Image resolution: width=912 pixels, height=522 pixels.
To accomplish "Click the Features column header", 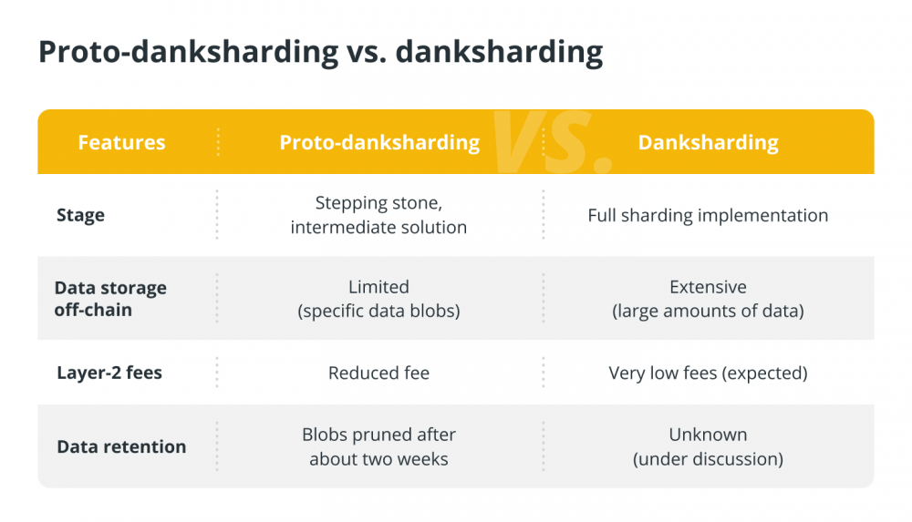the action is (x=121, y=142).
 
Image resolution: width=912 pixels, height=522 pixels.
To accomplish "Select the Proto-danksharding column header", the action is (x=379, y=143).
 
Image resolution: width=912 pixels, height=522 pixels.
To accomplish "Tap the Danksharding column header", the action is (x=708, y=143).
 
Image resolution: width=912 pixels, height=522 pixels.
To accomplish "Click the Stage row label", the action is (x=80, y=216).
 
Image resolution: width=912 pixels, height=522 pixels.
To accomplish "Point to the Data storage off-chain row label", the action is (x=110, y=299).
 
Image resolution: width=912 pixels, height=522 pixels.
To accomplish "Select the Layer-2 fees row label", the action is (x=109, y=373).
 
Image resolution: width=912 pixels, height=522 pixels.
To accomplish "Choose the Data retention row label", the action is (x=121, y=446).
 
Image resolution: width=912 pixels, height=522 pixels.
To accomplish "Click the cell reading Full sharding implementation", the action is (x=708, y=216).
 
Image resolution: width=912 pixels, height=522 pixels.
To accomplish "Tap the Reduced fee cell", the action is (x=378, y=373).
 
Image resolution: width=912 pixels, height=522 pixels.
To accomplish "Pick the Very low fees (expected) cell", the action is (x=708, y=374).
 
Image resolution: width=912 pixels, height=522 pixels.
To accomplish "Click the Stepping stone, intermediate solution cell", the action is (x=378, y=215).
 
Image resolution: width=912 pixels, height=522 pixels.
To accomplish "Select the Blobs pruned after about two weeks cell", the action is (x=378, y=446).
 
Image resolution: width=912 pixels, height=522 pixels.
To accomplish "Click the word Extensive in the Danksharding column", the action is (x=708, y=287).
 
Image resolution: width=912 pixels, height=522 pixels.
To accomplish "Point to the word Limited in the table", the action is (x=378, y=287).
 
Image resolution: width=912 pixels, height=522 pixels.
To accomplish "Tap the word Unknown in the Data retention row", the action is (x=708, y=435).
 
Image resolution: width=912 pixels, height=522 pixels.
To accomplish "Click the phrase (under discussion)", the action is (x=708, y=459).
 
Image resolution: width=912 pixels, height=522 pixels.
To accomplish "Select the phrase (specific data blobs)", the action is (x=378, y=311).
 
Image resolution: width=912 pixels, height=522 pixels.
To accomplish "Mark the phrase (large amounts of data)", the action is (x=708, y=311).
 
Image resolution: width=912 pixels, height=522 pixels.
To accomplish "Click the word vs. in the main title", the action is (x=367, y=52).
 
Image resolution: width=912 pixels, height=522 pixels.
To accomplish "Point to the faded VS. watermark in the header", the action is (x=552, y=142).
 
